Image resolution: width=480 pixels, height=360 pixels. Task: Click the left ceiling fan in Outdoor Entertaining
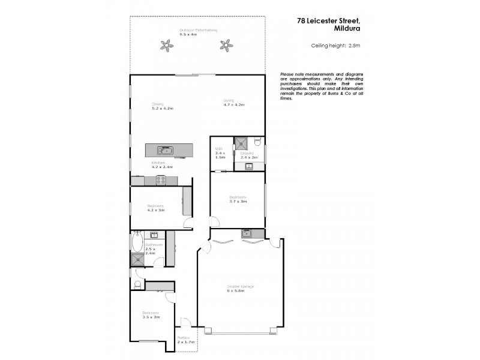166,44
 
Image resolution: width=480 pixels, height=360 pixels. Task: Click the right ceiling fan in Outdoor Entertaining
226,44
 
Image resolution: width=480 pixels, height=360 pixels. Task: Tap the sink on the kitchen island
164,150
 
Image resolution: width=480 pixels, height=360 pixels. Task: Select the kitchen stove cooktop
161,180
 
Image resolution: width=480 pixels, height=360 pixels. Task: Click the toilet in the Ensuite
257,143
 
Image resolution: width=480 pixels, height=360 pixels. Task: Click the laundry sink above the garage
246,232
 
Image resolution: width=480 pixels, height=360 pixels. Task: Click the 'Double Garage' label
240,286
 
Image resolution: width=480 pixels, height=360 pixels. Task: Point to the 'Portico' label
184,338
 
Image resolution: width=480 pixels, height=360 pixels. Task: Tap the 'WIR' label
219,148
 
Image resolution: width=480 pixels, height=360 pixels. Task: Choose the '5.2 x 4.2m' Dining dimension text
162,109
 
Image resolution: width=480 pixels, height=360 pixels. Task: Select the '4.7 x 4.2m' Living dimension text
234,105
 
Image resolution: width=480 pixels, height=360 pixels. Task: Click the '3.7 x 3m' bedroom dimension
238,201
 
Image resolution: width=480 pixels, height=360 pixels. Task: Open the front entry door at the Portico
186,322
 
